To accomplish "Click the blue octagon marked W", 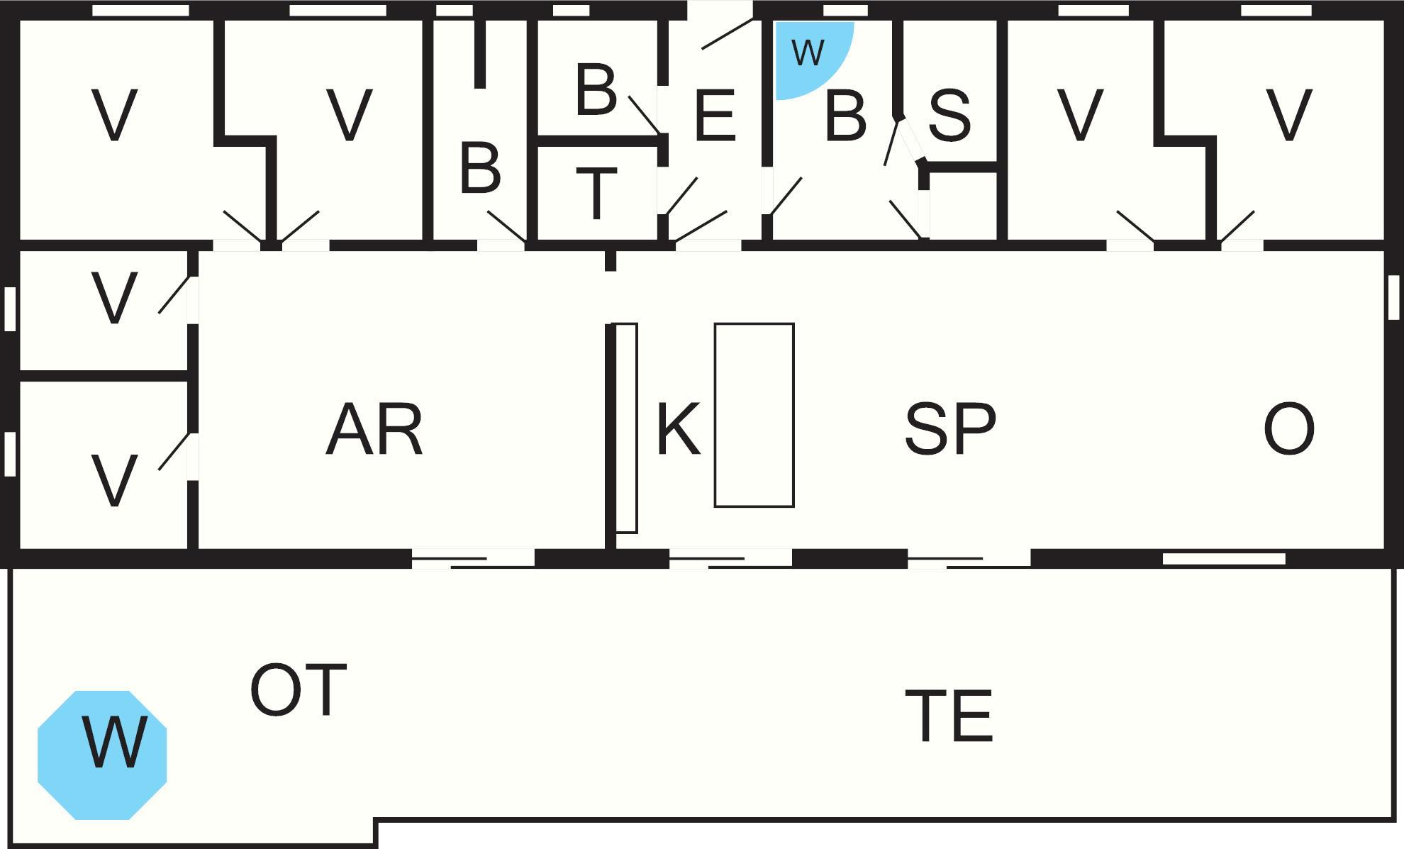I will click(x=102, y=755).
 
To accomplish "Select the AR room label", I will click(x=374, y=430).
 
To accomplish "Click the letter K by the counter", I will click(x=678, y=430).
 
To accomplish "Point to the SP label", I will click(x=950, y=430).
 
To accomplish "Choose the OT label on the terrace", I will click(x=298, y=689).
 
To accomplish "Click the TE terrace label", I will click(x=949, y=716).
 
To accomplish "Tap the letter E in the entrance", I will click(x=715, y=116).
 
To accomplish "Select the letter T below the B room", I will click(x=596, y=193).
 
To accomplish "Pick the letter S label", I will click(x=949, y=116).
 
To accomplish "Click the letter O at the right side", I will click(x=1288, y=430).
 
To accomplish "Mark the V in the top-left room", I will click(x=114, y=116).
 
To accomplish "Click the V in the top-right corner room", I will click(x=1288, y=116).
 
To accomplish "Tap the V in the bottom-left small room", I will click(x=114, y=481).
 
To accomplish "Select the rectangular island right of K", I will click(x=754, y=415).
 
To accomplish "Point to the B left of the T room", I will click(x=480, y=169).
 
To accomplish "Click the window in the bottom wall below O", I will click(x=1224, y=559).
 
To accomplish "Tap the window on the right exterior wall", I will click(x=1393, y=298).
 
